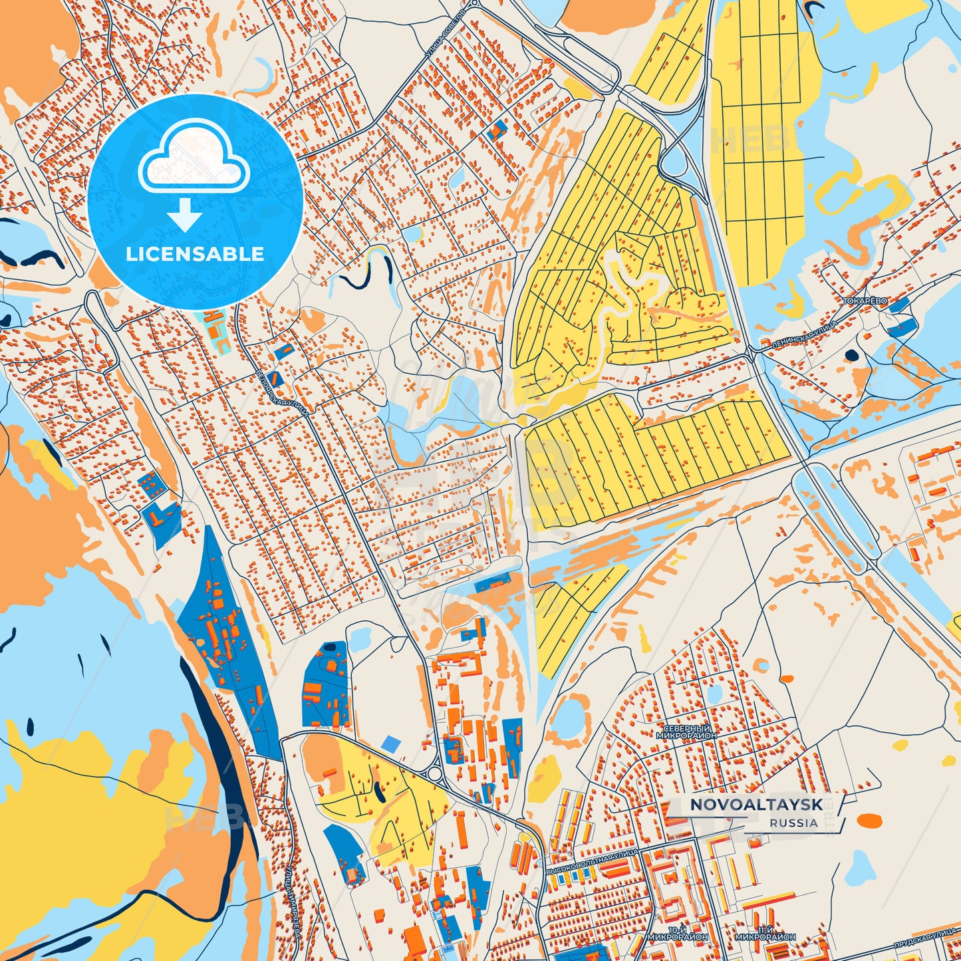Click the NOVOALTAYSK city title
click(x=755, y=805)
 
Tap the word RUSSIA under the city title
click(x=794, y=823)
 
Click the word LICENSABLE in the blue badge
click(x=196, y=254)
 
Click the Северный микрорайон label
click(x=686, y=732)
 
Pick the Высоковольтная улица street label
click(x=591, y=861)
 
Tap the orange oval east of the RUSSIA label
click(x=869, y=821)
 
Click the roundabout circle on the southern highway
click(x=435, y=773)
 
